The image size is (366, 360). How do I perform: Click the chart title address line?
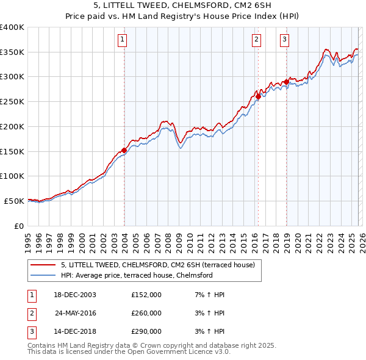(182, 5)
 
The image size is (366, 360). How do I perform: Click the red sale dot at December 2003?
(124, 150)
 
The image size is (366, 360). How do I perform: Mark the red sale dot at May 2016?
(258, 96)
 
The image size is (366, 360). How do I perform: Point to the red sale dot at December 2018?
(286, 82)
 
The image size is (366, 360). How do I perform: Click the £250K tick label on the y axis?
(12, 102)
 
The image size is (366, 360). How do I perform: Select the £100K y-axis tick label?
(12, 176)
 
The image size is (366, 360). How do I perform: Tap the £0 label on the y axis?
(18, 226)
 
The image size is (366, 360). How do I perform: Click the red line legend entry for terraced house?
(162, 264)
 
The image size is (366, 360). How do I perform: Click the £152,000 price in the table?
(146, 295)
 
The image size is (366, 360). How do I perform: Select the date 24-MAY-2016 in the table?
(76, 313)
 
